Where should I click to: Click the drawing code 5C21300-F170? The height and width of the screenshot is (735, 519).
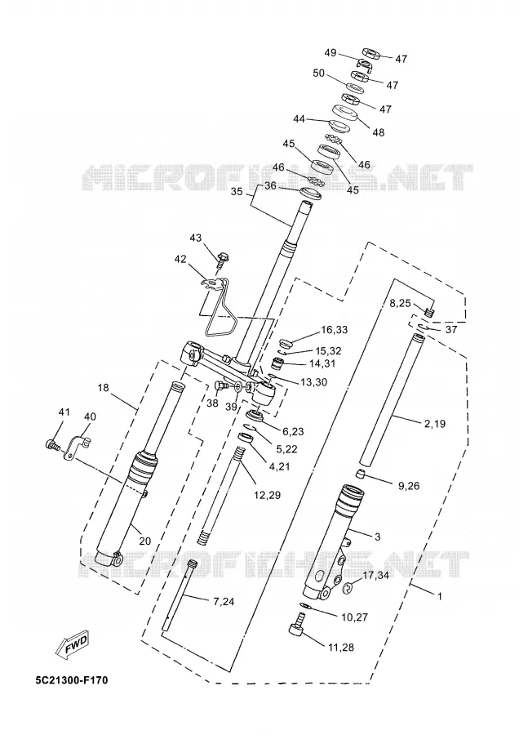pos(72,679)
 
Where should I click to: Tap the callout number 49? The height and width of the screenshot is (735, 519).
pos(330,52)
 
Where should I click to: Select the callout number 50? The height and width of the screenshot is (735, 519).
pos(319,73)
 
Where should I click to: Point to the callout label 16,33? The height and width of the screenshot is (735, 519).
pos(334,330)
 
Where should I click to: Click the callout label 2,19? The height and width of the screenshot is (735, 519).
pos(435,424)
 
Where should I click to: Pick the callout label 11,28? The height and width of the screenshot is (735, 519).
pos(341,648)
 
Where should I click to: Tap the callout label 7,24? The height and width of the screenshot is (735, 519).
pos(224,602)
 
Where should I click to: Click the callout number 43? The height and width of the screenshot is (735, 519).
pos(195,238)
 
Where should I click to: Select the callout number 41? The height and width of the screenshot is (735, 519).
pos(64,412)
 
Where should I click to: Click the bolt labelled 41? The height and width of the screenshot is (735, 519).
pos(52,444)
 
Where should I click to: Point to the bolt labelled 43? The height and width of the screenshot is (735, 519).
pos(224,258)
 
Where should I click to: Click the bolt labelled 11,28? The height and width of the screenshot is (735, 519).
pos(298,626)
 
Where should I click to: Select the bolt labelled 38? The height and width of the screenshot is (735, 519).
pos(220,386)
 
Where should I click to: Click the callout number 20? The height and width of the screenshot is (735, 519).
pos(145,541)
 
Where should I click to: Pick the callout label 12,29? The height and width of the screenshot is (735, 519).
pos(268,495)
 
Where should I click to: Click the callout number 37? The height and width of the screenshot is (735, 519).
pos(450,330)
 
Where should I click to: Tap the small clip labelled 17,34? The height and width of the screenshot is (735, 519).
pos(348,588)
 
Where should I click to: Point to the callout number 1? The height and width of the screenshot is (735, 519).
pos(439,596)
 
